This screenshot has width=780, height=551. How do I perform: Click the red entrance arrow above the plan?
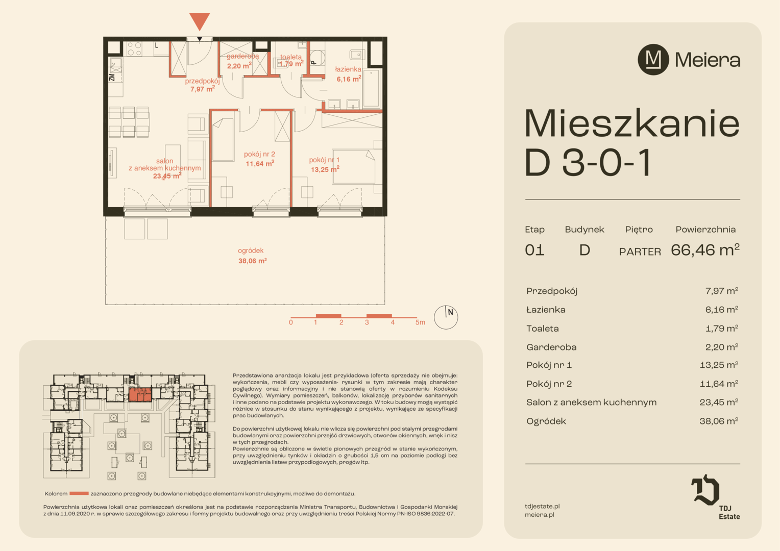pyautogui.click(x=200, y=21)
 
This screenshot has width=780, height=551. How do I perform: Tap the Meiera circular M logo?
pyautogui.click(x=653, y=60)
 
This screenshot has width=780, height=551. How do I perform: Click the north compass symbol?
pyautogui.click(x=446, y=317)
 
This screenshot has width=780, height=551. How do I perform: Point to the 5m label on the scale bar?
pyautogui.click(x=420, y=322)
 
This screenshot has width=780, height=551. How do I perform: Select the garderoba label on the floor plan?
pyautogui.click(x=242, y=56)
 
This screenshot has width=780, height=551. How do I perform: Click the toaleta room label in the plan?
pyautogui.click(x=291, y=57)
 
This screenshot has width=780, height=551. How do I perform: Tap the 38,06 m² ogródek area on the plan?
pyautogui.click(x=253, y=261)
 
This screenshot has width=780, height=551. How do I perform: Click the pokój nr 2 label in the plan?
pyautogui.click(x=259, y=154)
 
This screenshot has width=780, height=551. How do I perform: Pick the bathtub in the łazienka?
pyautogui.click(x=371, y=88)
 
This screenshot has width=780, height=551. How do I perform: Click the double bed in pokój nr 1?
pyautogui.click(x=353, y=167)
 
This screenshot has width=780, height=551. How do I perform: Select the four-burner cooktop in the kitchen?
pyautogui.click(x=134, y=49)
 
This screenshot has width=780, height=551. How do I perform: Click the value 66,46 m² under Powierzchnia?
pyautogui.click(x=705, y=249)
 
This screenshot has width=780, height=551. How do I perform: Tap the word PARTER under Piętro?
pyautogui.click(x=640, y=252)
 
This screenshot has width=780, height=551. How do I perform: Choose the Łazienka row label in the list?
pyautogui.click(x=546, y=310)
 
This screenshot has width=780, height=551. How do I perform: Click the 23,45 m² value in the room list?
pyautogui.click(x=719, y=402)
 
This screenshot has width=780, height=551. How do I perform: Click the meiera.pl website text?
pyautogui.click(x=540, y=514)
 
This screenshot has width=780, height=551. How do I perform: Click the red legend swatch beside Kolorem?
pyautogui.click(x=79, y=493)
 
